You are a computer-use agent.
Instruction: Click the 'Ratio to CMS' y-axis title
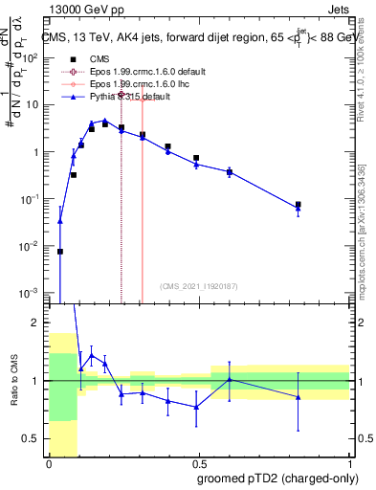click(12, 381)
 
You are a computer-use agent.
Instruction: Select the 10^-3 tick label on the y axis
click(30, 292)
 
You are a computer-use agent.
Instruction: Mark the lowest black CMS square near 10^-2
click(59, 252)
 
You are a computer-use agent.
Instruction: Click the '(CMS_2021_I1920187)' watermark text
click(197, 286)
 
